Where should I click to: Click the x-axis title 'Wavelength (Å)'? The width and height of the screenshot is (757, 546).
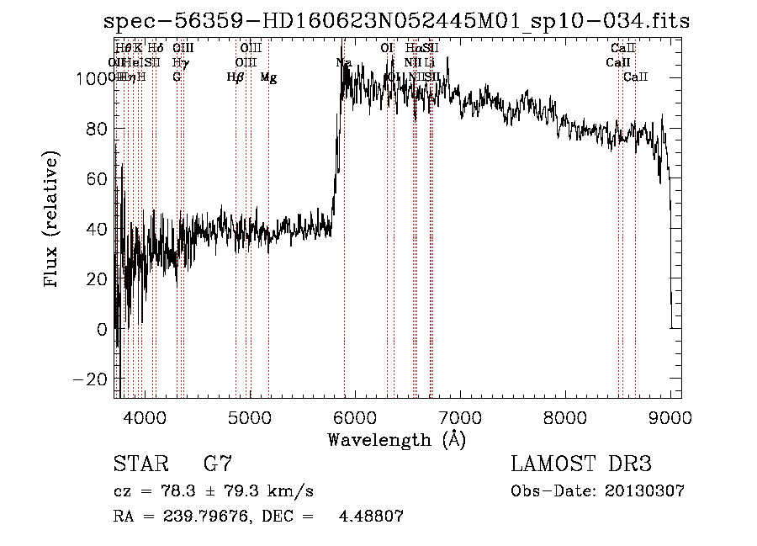396,438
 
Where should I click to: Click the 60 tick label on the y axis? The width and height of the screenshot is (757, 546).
98,178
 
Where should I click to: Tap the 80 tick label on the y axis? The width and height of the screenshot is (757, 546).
98,129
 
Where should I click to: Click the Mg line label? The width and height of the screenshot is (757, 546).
268,77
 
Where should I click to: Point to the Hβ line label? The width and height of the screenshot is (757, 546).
236,77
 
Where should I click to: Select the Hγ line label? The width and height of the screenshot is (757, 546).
180,62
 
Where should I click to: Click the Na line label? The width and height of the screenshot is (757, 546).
344,62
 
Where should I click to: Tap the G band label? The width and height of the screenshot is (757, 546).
177,77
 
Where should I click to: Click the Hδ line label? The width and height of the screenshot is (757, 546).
156,48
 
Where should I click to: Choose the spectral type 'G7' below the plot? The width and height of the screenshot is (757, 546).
217,464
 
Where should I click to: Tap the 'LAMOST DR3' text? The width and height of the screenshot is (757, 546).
580,464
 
